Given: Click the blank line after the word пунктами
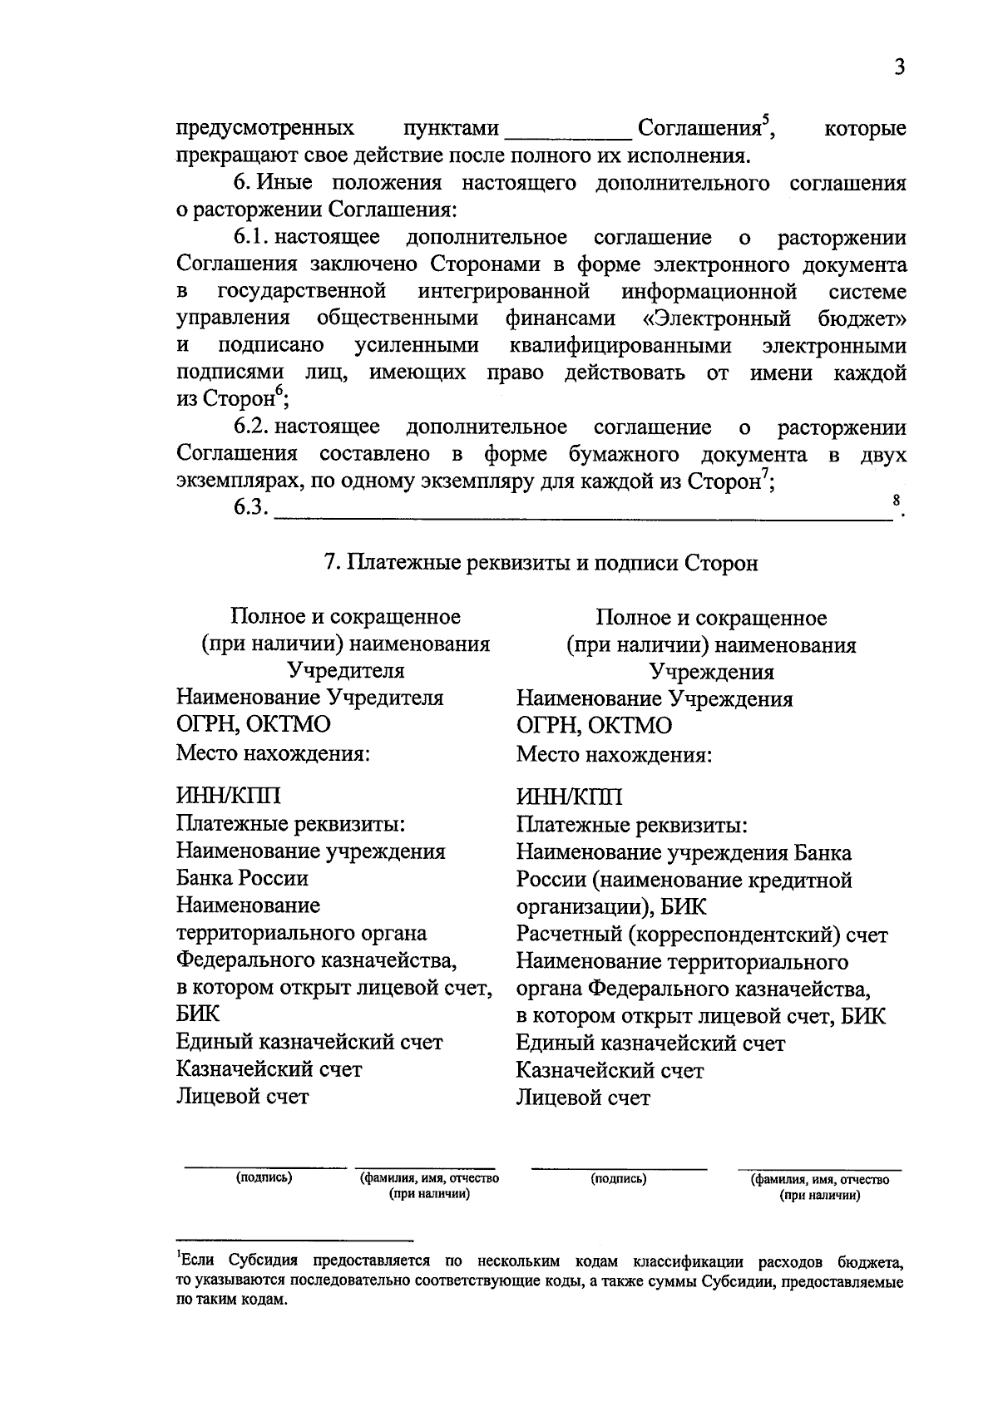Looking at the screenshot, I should [567, 135].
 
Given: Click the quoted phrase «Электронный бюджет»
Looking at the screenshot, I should [774, 318].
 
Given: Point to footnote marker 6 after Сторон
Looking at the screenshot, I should [279, 390].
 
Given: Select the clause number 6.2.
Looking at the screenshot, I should [250, 427].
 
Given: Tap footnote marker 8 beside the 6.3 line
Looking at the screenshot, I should [896, 501].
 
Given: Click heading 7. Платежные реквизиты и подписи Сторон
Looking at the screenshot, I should [541, 564].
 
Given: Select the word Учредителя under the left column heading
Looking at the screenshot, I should [345, 671].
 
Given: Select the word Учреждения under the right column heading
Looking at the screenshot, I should [711, 672].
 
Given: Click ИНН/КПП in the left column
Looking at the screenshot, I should [228, 797].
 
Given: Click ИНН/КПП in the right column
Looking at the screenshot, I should [569, 798].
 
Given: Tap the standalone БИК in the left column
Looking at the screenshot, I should [198, 1014].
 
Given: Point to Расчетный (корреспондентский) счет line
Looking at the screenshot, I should [701, 935].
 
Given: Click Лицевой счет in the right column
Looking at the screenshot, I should [582, 1098].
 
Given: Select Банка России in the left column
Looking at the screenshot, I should [241, 879].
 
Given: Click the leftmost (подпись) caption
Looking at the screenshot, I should [264, 1177].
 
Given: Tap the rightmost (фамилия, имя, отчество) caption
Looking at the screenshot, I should [820, 1179].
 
